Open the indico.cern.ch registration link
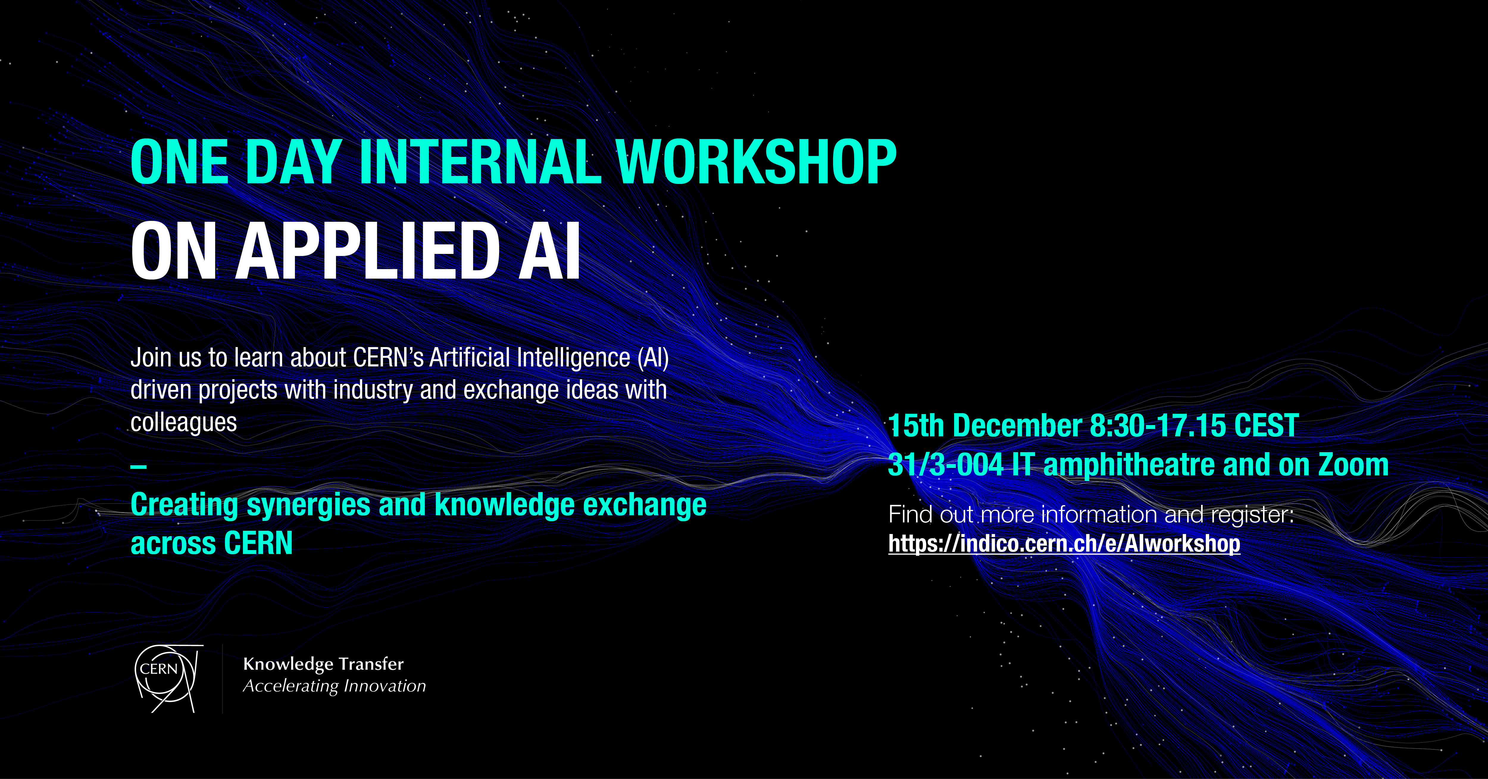tap(1064, 544)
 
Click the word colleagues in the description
tap(184, 422)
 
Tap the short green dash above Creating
tap(139, 466)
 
